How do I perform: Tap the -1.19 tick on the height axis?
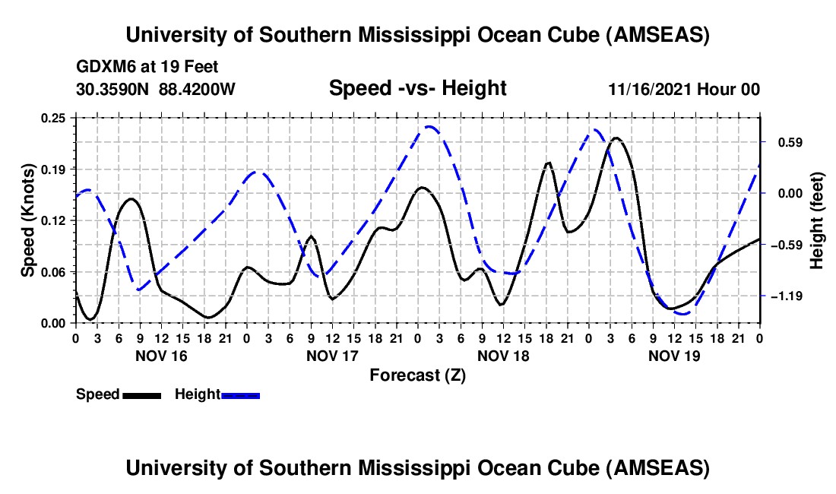point(783,296)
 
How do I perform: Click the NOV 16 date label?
point(161,355)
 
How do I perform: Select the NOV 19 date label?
point(674,355)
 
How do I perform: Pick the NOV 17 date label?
point(332,355)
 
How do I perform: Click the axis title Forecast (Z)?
point(417,375)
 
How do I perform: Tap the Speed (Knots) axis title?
point(28,220)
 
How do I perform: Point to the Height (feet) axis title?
point(817,220)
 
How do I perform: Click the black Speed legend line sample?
point(141,394)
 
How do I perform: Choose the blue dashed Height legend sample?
point(241,394)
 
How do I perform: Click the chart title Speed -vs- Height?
point(417,88)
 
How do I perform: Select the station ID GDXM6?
point(104,67)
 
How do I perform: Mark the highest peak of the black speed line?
point(616,138)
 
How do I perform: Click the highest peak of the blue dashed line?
point(430,126)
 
